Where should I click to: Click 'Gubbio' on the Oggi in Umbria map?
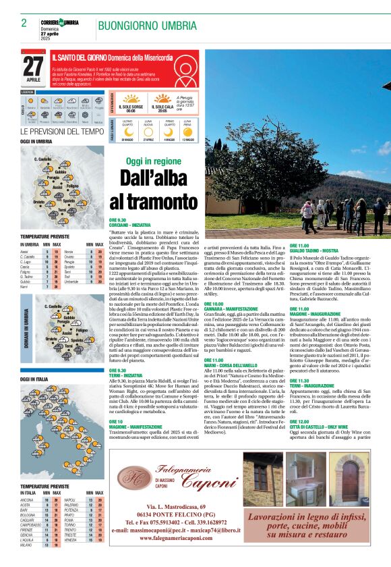coord(60,173)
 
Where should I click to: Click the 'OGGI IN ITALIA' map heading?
coord(34,380)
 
